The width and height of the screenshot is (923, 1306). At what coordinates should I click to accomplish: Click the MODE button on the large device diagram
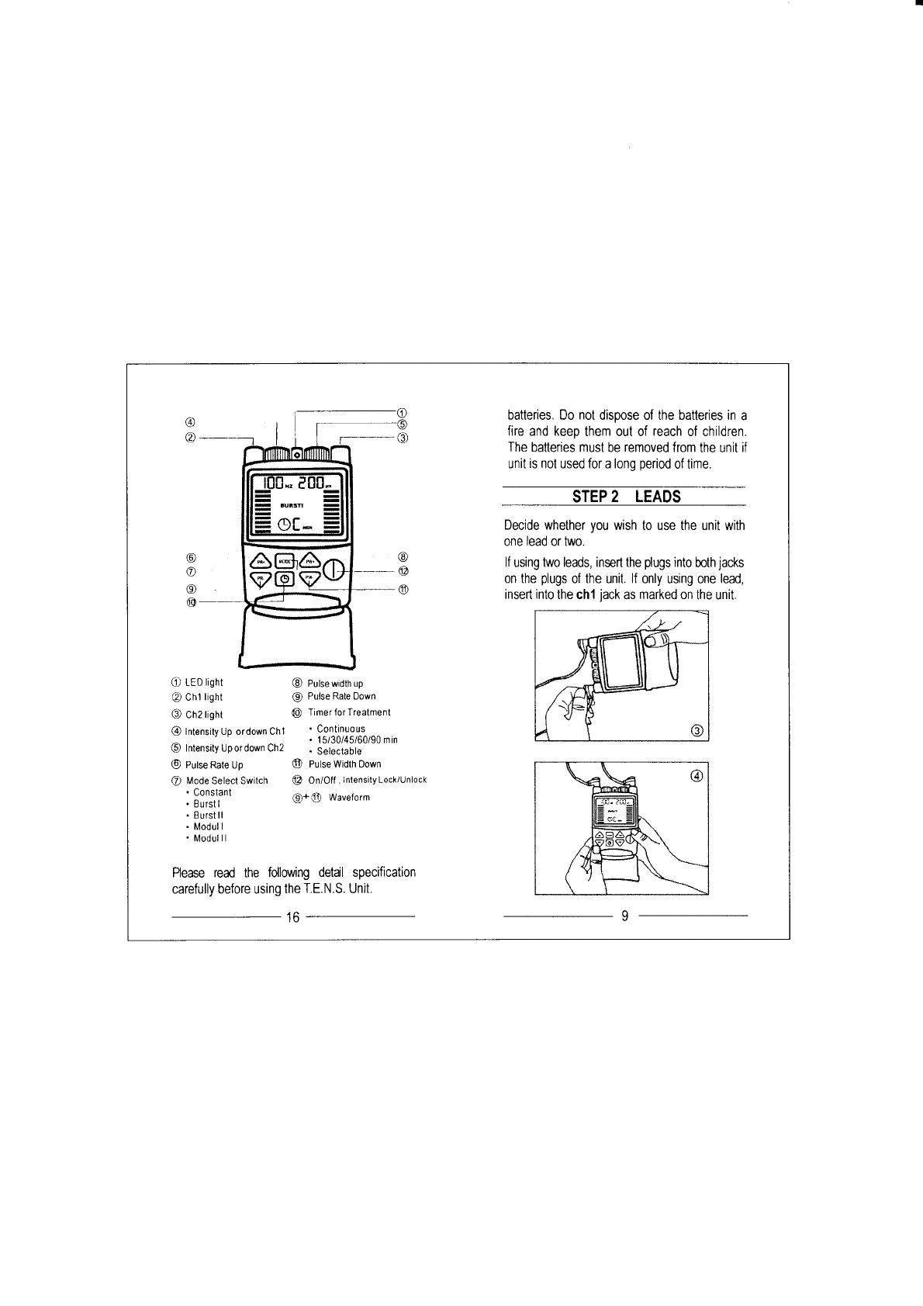[285, 561]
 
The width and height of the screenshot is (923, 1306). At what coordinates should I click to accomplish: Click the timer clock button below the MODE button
[285, 580]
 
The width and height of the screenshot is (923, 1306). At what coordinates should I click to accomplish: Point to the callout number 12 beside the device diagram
[403, 571]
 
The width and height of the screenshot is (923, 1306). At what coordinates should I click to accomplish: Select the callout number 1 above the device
[402, 411]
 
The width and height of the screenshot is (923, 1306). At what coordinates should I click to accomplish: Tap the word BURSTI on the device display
[291, 503]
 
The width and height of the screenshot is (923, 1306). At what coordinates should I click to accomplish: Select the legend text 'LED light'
[203, 683]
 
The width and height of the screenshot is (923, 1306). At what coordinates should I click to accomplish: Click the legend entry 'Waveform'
[350, 798]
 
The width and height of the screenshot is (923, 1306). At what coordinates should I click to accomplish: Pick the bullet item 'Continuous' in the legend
[341, 729]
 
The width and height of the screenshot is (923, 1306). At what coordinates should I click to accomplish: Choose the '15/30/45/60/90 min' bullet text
[358, 740]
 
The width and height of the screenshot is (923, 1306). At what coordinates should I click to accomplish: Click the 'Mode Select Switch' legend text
[227, 781]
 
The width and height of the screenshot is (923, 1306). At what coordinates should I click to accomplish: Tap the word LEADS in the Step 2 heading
[657, 497]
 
